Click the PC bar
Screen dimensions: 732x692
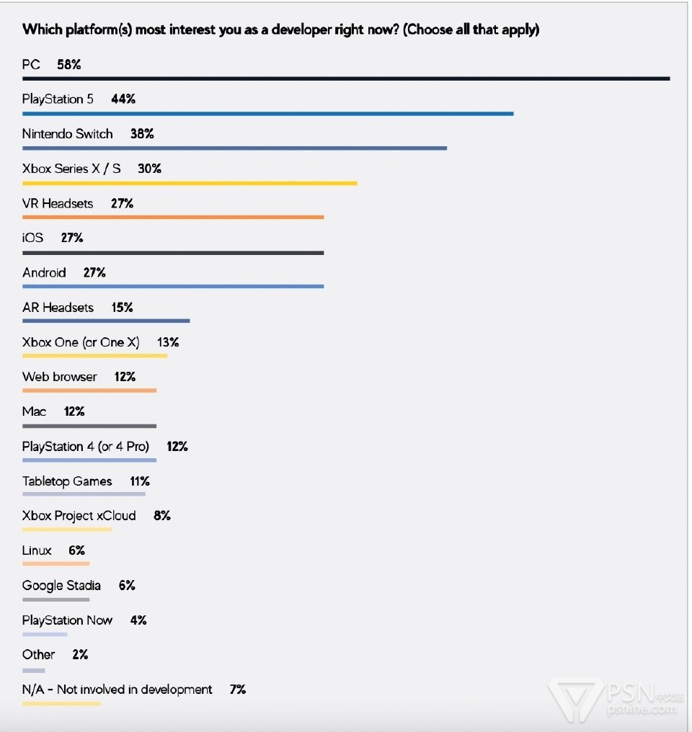[346, 79]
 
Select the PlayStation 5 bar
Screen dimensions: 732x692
[267, 113]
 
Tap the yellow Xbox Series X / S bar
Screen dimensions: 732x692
[190, 183]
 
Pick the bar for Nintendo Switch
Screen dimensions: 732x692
[234, 148]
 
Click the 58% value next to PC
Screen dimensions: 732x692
[69, 65]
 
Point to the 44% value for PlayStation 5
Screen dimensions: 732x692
[123, 99]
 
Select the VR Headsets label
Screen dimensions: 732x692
[58, 204]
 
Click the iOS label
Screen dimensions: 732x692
[33, 238]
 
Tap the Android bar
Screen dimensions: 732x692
[173, 287]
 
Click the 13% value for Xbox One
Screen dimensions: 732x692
[168, 342]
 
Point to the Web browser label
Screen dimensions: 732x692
[59, 377]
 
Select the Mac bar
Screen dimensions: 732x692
[89, 426]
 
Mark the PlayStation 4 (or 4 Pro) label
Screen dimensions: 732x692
[86, 447]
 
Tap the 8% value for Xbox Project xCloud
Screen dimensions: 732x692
[162, 516]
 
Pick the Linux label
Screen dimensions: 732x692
[37, 550]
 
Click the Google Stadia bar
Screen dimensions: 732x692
[56, 599]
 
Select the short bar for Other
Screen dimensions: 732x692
[34, 669]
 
